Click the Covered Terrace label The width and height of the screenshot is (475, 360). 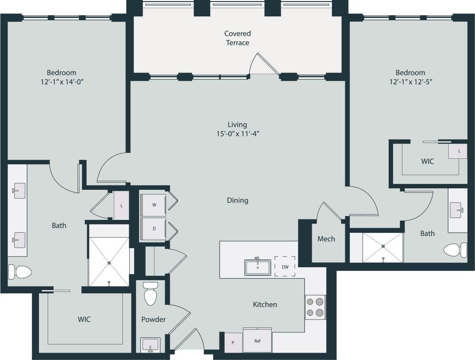coord(237,38)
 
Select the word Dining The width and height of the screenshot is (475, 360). coord(237,200)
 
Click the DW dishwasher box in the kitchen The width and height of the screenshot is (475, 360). coord(285,267)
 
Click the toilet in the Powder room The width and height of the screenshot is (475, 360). coord(150,294)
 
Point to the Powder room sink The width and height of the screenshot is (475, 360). coord(150,345)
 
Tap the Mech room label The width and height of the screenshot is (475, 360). coord(326,239)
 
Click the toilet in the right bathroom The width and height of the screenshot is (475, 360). coord(455,250)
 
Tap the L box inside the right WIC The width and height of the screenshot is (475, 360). coord(459,151)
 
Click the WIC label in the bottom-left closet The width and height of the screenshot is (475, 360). coord(84,319)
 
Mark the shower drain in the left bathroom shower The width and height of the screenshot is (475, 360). coord(109,283)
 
